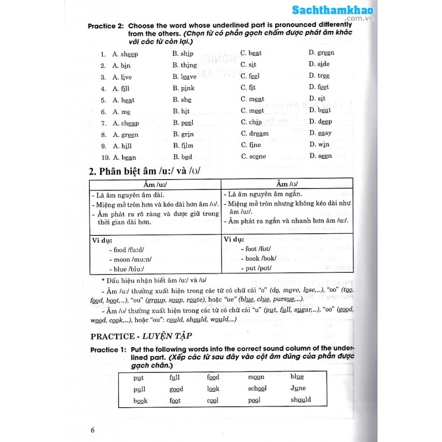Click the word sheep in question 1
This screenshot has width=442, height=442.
(129, 54)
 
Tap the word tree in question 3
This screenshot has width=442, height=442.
(324, 76)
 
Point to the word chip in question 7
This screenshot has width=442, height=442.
(255, 123)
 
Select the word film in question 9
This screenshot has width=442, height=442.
(187, 146)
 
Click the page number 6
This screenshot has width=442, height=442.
(93, 429)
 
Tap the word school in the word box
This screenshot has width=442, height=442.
(257, 388)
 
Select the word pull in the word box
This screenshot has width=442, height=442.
(139, 389)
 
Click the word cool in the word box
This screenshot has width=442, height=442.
(213, 400)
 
